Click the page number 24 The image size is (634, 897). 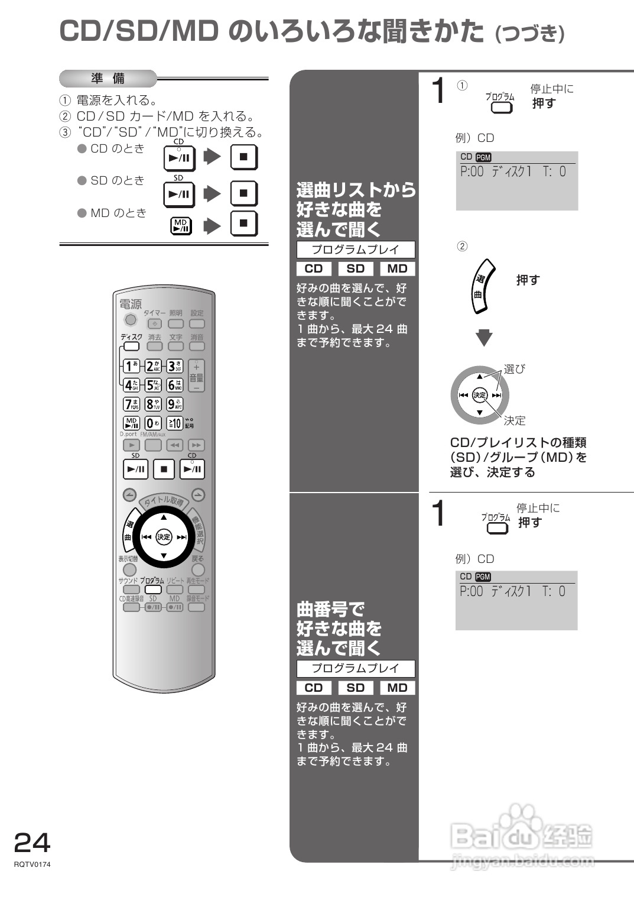[32, 841]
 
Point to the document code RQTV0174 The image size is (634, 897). [32, 864]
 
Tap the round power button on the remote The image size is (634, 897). [131, 320]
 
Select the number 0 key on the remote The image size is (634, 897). [153, 423]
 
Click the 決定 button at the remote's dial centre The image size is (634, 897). [164, 537]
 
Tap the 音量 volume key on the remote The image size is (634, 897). [197, 376]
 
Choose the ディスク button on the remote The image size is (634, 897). [131, 347]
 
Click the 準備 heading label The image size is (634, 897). [108, 79]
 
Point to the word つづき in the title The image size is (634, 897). [529, 34]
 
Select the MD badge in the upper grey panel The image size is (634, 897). [397, 268]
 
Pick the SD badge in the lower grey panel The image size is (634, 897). [355, 688]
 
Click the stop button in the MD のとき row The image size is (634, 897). [244, 224]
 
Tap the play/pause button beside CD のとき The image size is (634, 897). [179, 158]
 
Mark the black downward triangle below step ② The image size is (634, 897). [484, 338]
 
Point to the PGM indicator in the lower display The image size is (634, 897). [483, 577]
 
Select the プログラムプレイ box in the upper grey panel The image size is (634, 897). [356, 250]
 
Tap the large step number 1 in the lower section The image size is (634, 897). [438, 513]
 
